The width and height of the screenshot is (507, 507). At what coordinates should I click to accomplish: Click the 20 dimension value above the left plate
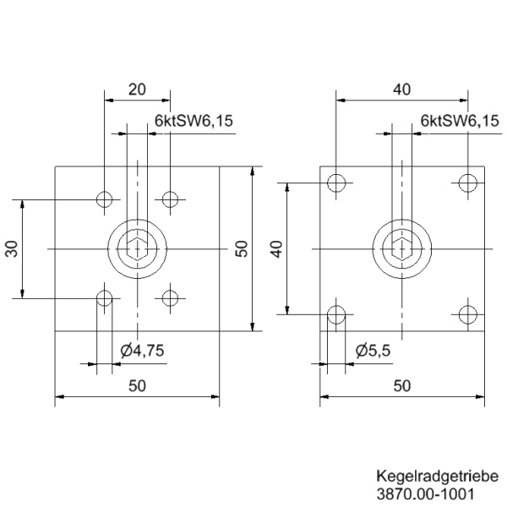[136, 89]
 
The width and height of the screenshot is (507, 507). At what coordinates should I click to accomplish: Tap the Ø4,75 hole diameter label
[141, 351]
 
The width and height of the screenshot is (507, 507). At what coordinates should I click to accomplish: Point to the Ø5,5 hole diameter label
[372, 351]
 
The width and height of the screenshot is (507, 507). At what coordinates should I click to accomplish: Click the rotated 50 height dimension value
[241, 248]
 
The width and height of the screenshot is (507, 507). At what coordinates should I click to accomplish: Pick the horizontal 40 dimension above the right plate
[401, 89]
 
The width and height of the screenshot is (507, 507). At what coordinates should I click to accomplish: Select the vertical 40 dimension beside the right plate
[275, 248]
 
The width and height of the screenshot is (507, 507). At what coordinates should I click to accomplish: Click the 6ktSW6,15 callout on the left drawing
[194, 122]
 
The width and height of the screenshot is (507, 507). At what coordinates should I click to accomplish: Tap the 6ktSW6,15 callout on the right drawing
[459, 122]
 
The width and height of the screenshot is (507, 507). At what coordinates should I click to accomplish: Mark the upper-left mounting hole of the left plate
[104, 199]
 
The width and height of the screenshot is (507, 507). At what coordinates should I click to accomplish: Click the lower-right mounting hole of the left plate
[171, 297]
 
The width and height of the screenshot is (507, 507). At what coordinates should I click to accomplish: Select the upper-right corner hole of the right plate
[467, 182]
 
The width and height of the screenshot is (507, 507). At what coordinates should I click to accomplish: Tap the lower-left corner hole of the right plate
[336, 315]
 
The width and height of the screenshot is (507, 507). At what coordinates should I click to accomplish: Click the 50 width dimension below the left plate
[137, 385]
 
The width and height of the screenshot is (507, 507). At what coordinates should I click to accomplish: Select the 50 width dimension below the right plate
[401, 385]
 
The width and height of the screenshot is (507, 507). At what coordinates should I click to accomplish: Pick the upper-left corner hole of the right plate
[336, 182]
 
